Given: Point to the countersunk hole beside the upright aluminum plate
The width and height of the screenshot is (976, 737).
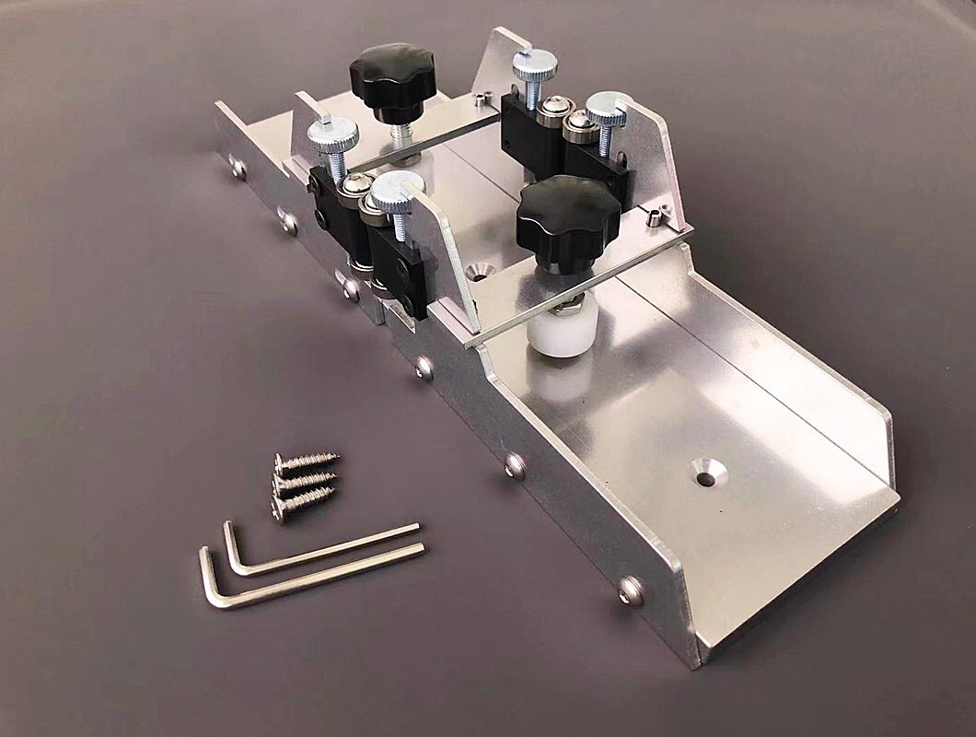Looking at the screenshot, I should click(x=480, y=271).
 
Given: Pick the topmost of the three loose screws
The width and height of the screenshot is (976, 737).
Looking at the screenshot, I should click(x=306, y=460).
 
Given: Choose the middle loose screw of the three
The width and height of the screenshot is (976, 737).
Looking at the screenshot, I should click(x=304, y=480).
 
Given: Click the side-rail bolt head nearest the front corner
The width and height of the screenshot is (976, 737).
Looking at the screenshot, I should click(x=631, y=590).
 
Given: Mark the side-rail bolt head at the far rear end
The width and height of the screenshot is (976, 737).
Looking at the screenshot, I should click(x=238, y=169).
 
